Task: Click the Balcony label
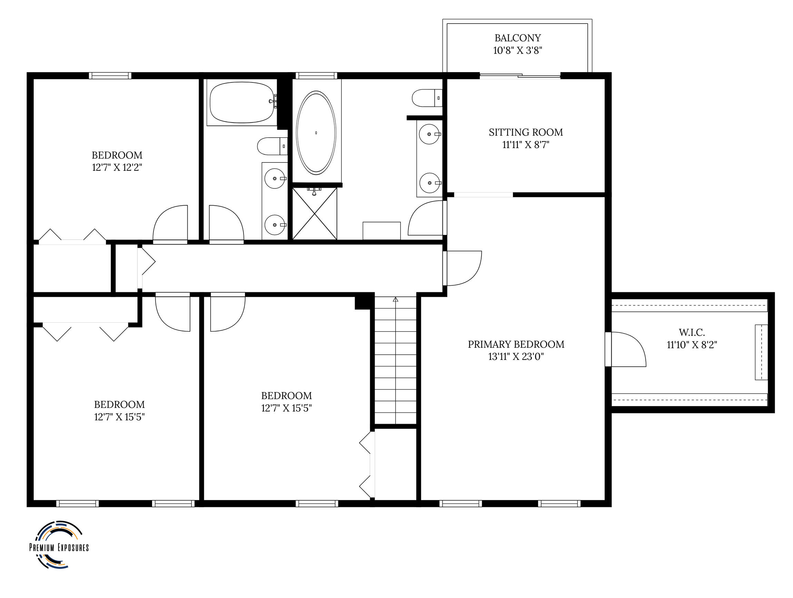tap(517, 38)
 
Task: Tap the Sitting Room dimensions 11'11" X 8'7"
tap(526, 145)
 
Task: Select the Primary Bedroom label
tap(516, 344)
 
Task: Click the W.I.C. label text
tap(692, 332)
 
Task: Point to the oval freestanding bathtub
tap(316, 133)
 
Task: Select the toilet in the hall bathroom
tap(272, 146)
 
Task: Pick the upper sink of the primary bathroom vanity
tap(429, 134)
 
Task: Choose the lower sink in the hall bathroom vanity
tap(275, 225)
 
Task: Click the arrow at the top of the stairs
tap(395, 299)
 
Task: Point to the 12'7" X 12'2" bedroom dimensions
tap(117, 167)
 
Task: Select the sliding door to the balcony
tap(520, 76)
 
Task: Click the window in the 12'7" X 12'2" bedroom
tap(110, 76)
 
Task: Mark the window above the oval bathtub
tap(316, 76)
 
